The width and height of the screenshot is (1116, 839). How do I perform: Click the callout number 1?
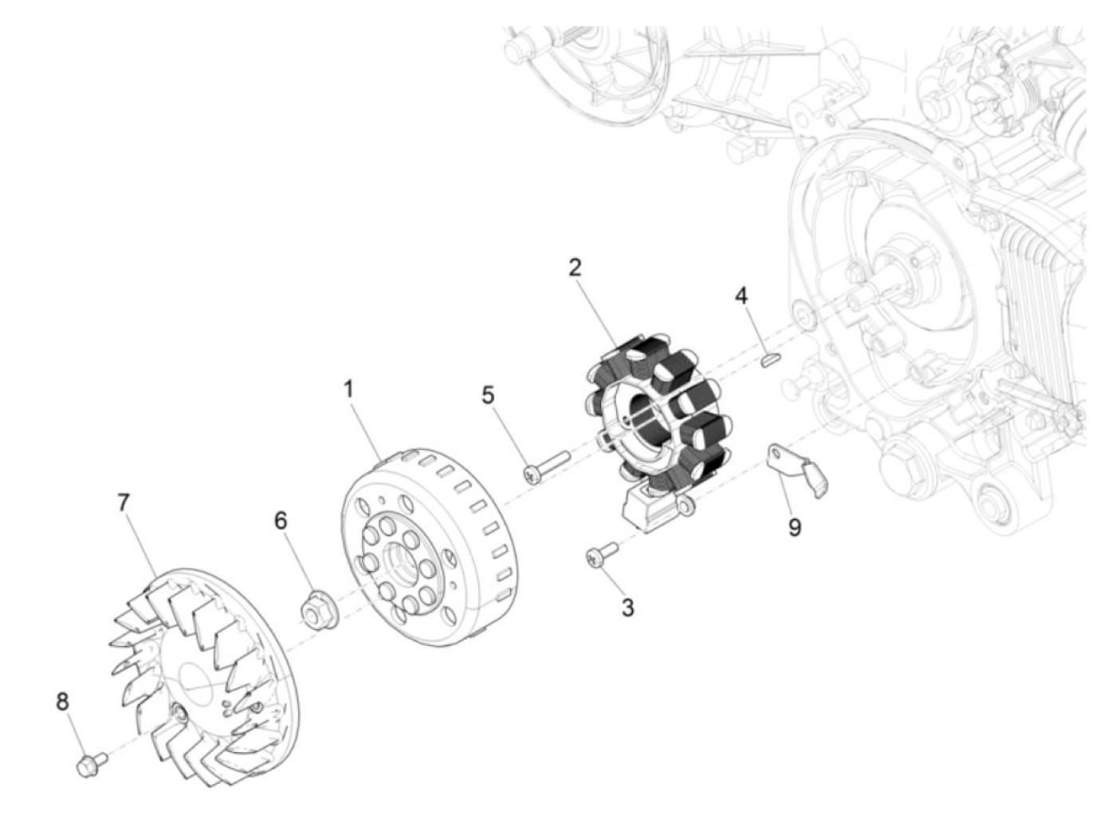click(348, 390)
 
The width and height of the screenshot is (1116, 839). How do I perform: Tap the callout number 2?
click(575, 268)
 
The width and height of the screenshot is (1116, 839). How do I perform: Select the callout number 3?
click(627, 608)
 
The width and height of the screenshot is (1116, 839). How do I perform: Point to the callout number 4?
click(741, 296)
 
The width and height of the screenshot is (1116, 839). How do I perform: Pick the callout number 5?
click(488, 394)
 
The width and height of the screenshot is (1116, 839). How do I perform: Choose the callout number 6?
click(281, 520)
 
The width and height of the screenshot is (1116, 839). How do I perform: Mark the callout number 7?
click(123, 502)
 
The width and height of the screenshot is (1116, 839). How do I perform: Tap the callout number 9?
click(795, 527)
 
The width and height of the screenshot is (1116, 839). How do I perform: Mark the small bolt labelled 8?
click(90, 764)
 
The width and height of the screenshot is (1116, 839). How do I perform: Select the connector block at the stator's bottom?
click(650, 507)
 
